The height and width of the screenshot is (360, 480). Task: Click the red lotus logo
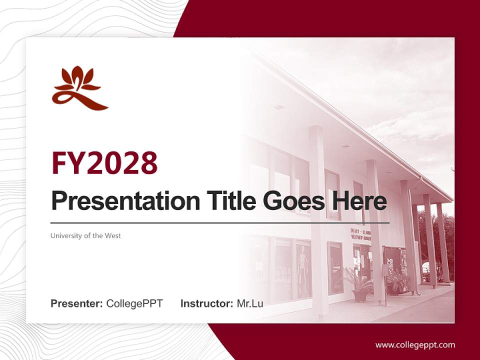coord(79,88)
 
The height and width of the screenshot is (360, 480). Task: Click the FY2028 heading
coord(104,162)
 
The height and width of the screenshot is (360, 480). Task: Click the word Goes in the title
coord(292,201)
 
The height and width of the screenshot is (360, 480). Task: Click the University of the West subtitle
coord(85,235)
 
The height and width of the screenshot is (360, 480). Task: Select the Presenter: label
coord(77,303)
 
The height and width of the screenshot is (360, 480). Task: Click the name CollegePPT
coord(134,303)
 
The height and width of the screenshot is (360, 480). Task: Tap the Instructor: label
coord(206,303)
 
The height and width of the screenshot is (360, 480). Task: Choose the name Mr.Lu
coord(249,303)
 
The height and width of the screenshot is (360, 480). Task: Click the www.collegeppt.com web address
coord(415,344)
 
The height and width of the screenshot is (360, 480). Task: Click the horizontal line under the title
coord(220,223)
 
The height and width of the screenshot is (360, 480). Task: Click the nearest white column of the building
coord(318,220)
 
